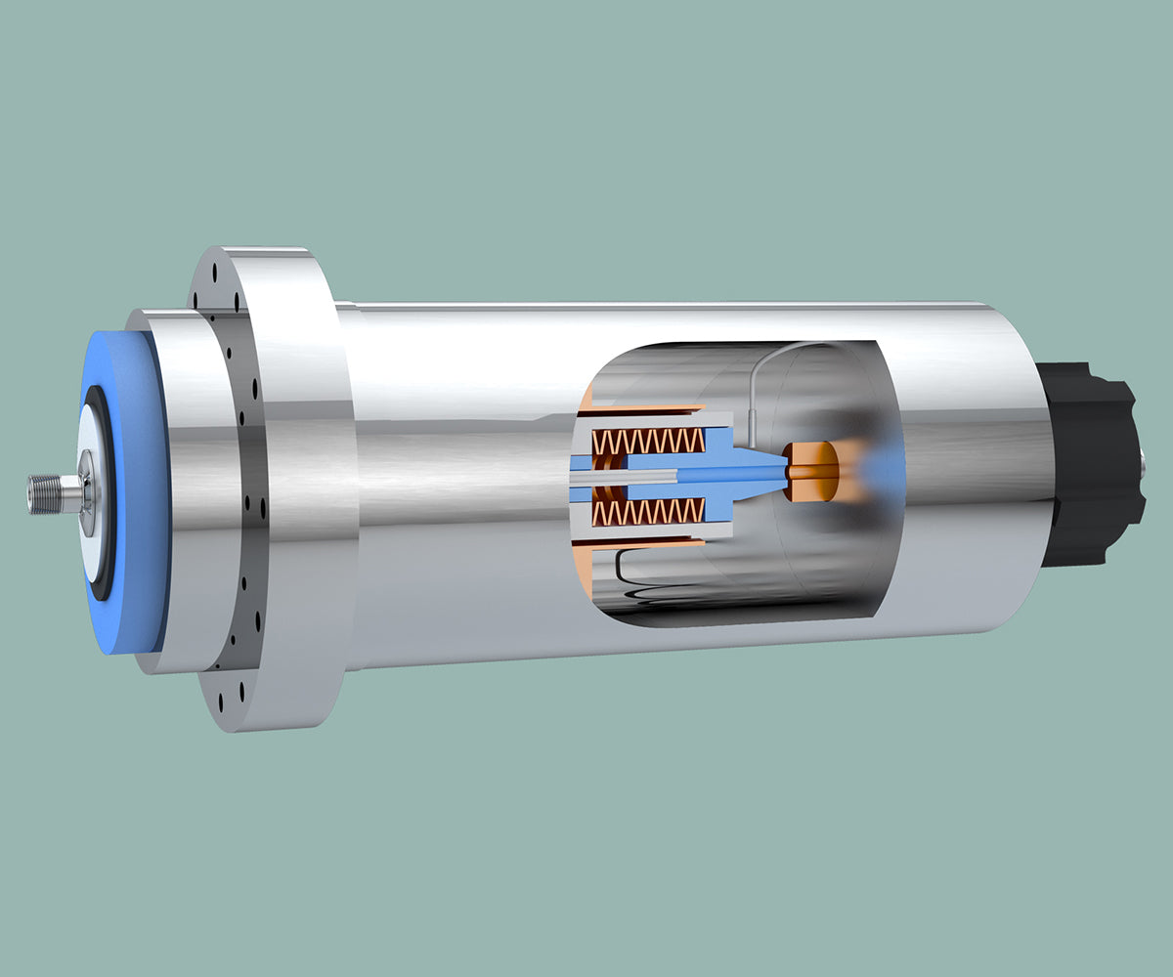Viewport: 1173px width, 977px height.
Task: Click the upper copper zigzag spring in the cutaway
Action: point(650,441)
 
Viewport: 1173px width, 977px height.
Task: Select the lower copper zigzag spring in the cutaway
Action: point(650,511)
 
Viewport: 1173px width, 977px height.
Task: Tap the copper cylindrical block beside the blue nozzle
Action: point(810,471)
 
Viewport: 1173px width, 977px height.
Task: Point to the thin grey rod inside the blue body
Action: point(626,476)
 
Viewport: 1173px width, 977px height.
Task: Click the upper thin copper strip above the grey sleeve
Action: point(645,407)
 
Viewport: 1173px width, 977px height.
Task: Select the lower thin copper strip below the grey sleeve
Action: point(645,543)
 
